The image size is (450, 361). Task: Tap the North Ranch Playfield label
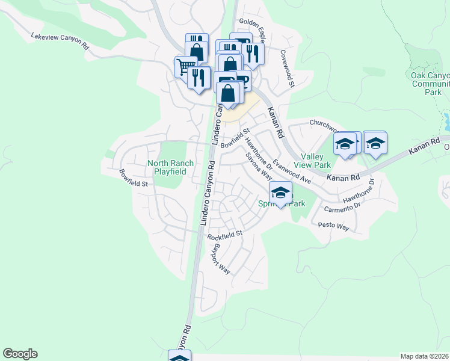tap(171, 167)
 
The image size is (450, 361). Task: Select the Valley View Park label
tap(312, 161)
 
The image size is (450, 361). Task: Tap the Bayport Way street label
tap(220, 259)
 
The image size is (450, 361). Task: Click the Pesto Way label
tap(334, 227)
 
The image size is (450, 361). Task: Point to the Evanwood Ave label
tap(291, 171)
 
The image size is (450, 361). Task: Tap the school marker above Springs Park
tap(280, 193)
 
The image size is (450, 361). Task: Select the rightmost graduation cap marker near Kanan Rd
tap(375, 143)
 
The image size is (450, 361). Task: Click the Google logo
tap(20, 354)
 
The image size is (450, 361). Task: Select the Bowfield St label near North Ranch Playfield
tap(134, 178)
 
